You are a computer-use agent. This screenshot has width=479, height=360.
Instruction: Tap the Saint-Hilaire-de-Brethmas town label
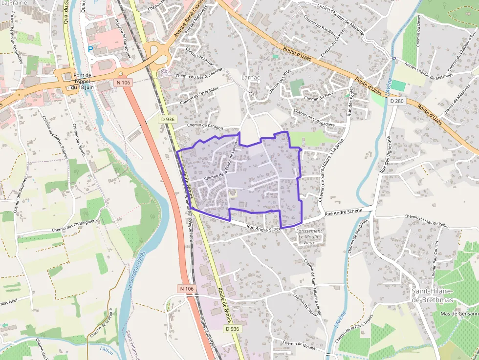(432, 296)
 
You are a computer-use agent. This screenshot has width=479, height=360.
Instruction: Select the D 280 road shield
(396, 101)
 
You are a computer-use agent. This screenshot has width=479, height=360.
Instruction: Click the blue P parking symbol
(90, 49)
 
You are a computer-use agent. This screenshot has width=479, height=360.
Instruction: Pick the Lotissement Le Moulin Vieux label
(310, 236)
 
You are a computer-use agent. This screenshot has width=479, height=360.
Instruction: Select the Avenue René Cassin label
(188, 21)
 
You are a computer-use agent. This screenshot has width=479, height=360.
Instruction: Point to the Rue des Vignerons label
(385, 155)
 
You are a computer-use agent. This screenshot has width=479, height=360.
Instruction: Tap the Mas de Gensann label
(459, 314)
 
